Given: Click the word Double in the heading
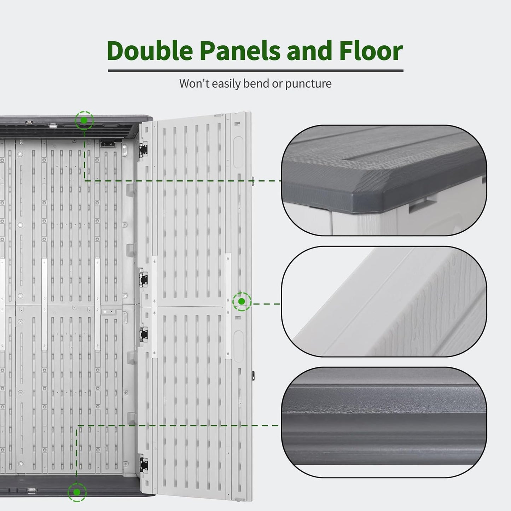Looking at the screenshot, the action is (x=150, y=51).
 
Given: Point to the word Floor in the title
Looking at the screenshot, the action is (x=371, y=51).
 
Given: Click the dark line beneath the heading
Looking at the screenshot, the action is (x=256, y=71).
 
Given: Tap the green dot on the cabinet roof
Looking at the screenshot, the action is (x=84, y=120).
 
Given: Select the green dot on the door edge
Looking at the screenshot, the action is (x=242, y=301).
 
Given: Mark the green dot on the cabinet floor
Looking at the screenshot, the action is (x=77, y=492).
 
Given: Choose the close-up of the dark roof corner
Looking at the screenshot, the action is (x=384, y=180).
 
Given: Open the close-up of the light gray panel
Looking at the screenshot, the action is (x=384, y=302).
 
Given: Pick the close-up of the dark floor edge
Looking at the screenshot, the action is (x=384, y=423).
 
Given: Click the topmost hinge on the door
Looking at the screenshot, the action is (x=144, y=150).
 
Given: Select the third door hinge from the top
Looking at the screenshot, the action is (x=144, y=335).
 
